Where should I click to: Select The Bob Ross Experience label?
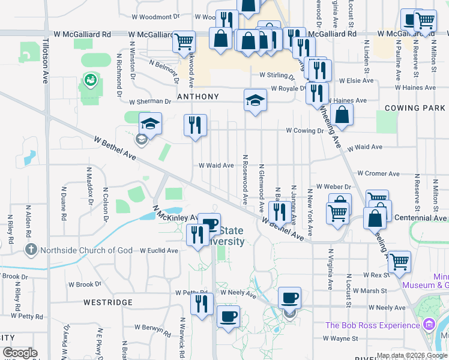point(372,325)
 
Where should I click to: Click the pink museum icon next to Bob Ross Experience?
point(429,325)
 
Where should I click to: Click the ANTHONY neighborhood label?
point(197,96)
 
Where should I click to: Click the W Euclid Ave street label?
point(159,250)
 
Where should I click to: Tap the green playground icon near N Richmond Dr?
point(90,79)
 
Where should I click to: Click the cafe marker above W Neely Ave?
point(289,297)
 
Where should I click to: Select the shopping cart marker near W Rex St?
point(399,262)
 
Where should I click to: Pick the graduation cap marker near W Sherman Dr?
point(255,100)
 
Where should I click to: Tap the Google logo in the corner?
point(20,353)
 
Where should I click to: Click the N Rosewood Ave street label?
point(245,178)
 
